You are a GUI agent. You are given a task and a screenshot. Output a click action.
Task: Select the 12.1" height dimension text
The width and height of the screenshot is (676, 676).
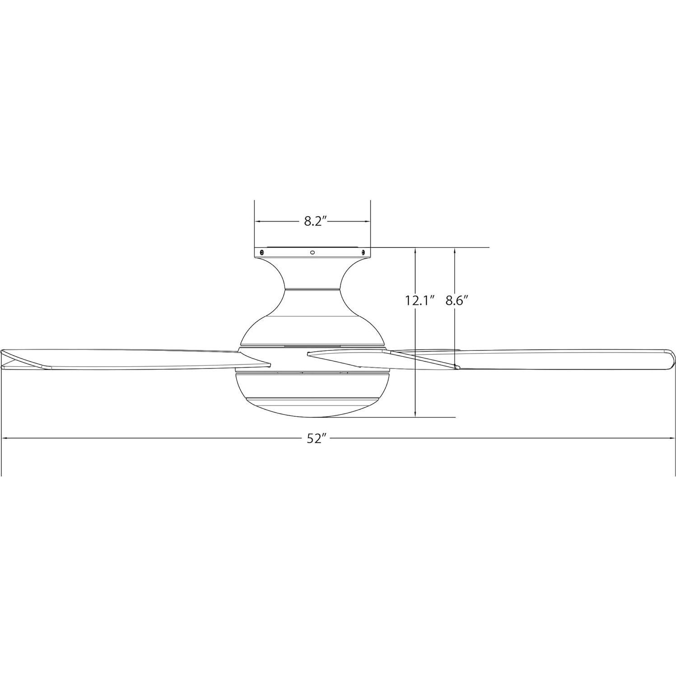pos(420,300)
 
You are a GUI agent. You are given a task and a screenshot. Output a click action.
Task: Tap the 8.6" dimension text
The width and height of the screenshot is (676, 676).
pos(455,300)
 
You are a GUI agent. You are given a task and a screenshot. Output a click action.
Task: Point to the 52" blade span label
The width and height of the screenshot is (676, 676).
pos(317,438)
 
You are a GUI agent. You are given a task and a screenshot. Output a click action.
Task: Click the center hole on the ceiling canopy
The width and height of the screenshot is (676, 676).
pos(312,252)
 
